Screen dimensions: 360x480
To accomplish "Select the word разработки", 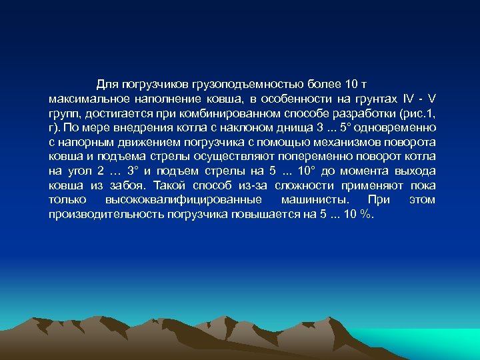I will tap(359, 112).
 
